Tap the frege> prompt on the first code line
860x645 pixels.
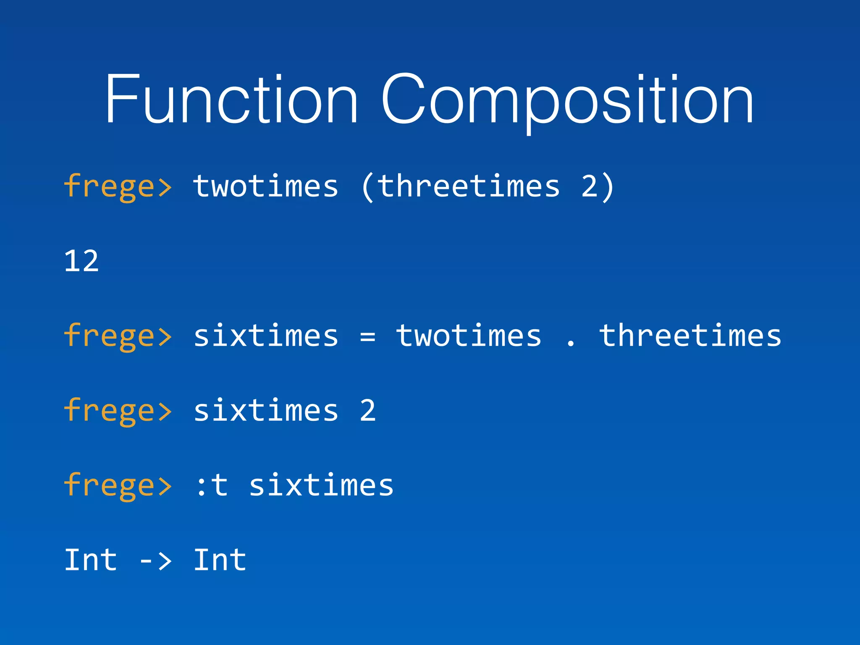[118, 186]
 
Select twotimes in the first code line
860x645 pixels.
[266, 186]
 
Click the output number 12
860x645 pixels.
[81, 261]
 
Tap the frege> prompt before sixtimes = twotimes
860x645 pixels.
[118, 336]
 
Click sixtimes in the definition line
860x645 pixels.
[266, 336]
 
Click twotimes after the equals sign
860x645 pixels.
[469, 336]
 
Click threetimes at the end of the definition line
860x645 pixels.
[690, 336]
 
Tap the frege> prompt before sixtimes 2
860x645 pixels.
[118, 411]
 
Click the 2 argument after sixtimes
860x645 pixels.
[367, 411]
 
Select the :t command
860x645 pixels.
[212, 485]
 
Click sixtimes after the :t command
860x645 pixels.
[321, 485]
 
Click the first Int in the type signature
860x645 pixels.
[91, 560]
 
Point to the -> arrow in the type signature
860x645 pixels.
[155, 561]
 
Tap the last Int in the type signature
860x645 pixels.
[220, 560]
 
